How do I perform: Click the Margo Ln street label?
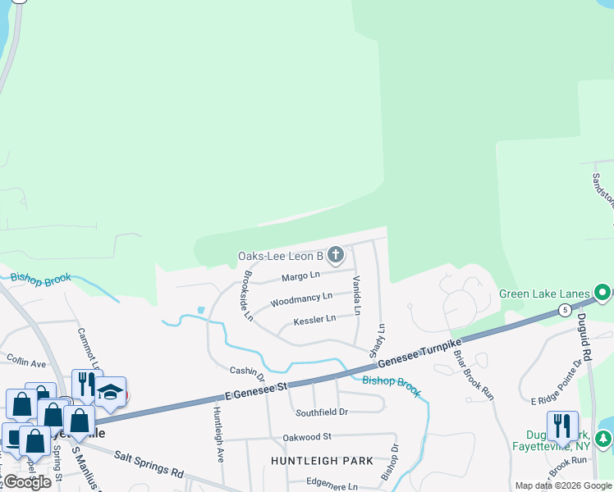[300, 277]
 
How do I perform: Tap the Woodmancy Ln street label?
[301, 298]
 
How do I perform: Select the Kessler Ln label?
[314, 319]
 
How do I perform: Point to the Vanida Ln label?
[357, 295]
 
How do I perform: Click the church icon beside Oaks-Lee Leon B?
[335, 256]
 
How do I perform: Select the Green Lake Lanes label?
[546, 294]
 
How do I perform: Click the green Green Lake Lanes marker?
[603, 293]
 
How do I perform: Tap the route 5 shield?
[565, 310]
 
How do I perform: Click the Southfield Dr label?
[322, 412]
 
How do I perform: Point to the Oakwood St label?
[306, 437]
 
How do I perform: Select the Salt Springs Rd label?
[149, 463]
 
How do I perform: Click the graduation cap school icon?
[110, 393]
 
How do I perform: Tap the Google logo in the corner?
[27, 482]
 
